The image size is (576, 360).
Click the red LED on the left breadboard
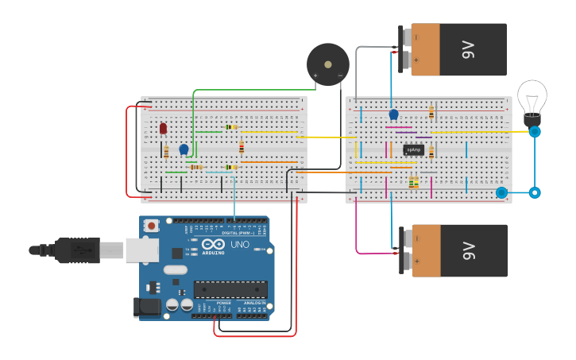(x=163, y=128)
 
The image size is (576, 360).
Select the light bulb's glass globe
(x=532, y=96)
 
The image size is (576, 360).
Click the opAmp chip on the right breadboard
(x=413, y=149)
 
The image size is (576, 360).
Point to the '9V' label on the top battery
(x=467, y=49)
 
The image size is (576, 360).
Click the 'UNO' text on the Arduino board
(x=239, y=244)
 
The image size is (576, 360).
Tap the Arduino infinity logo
(x=212, y=244)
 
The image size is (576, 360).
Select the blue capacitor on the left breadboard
(x=184, y=149)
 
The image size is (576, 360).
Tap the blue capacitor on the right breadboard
(x=393, y=114)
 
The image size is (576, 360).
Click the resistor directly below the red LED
(x=166, y=151)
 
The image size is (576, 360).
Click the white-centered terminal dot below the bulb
(x=535, y=192)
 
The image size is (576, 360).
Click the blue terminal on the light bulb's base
(x=535, y=131)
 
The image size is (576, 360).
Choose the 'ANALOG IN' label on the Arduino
(x=254, y=303)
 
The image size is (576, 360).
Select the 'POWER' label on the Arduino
(x=224, y=303)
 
